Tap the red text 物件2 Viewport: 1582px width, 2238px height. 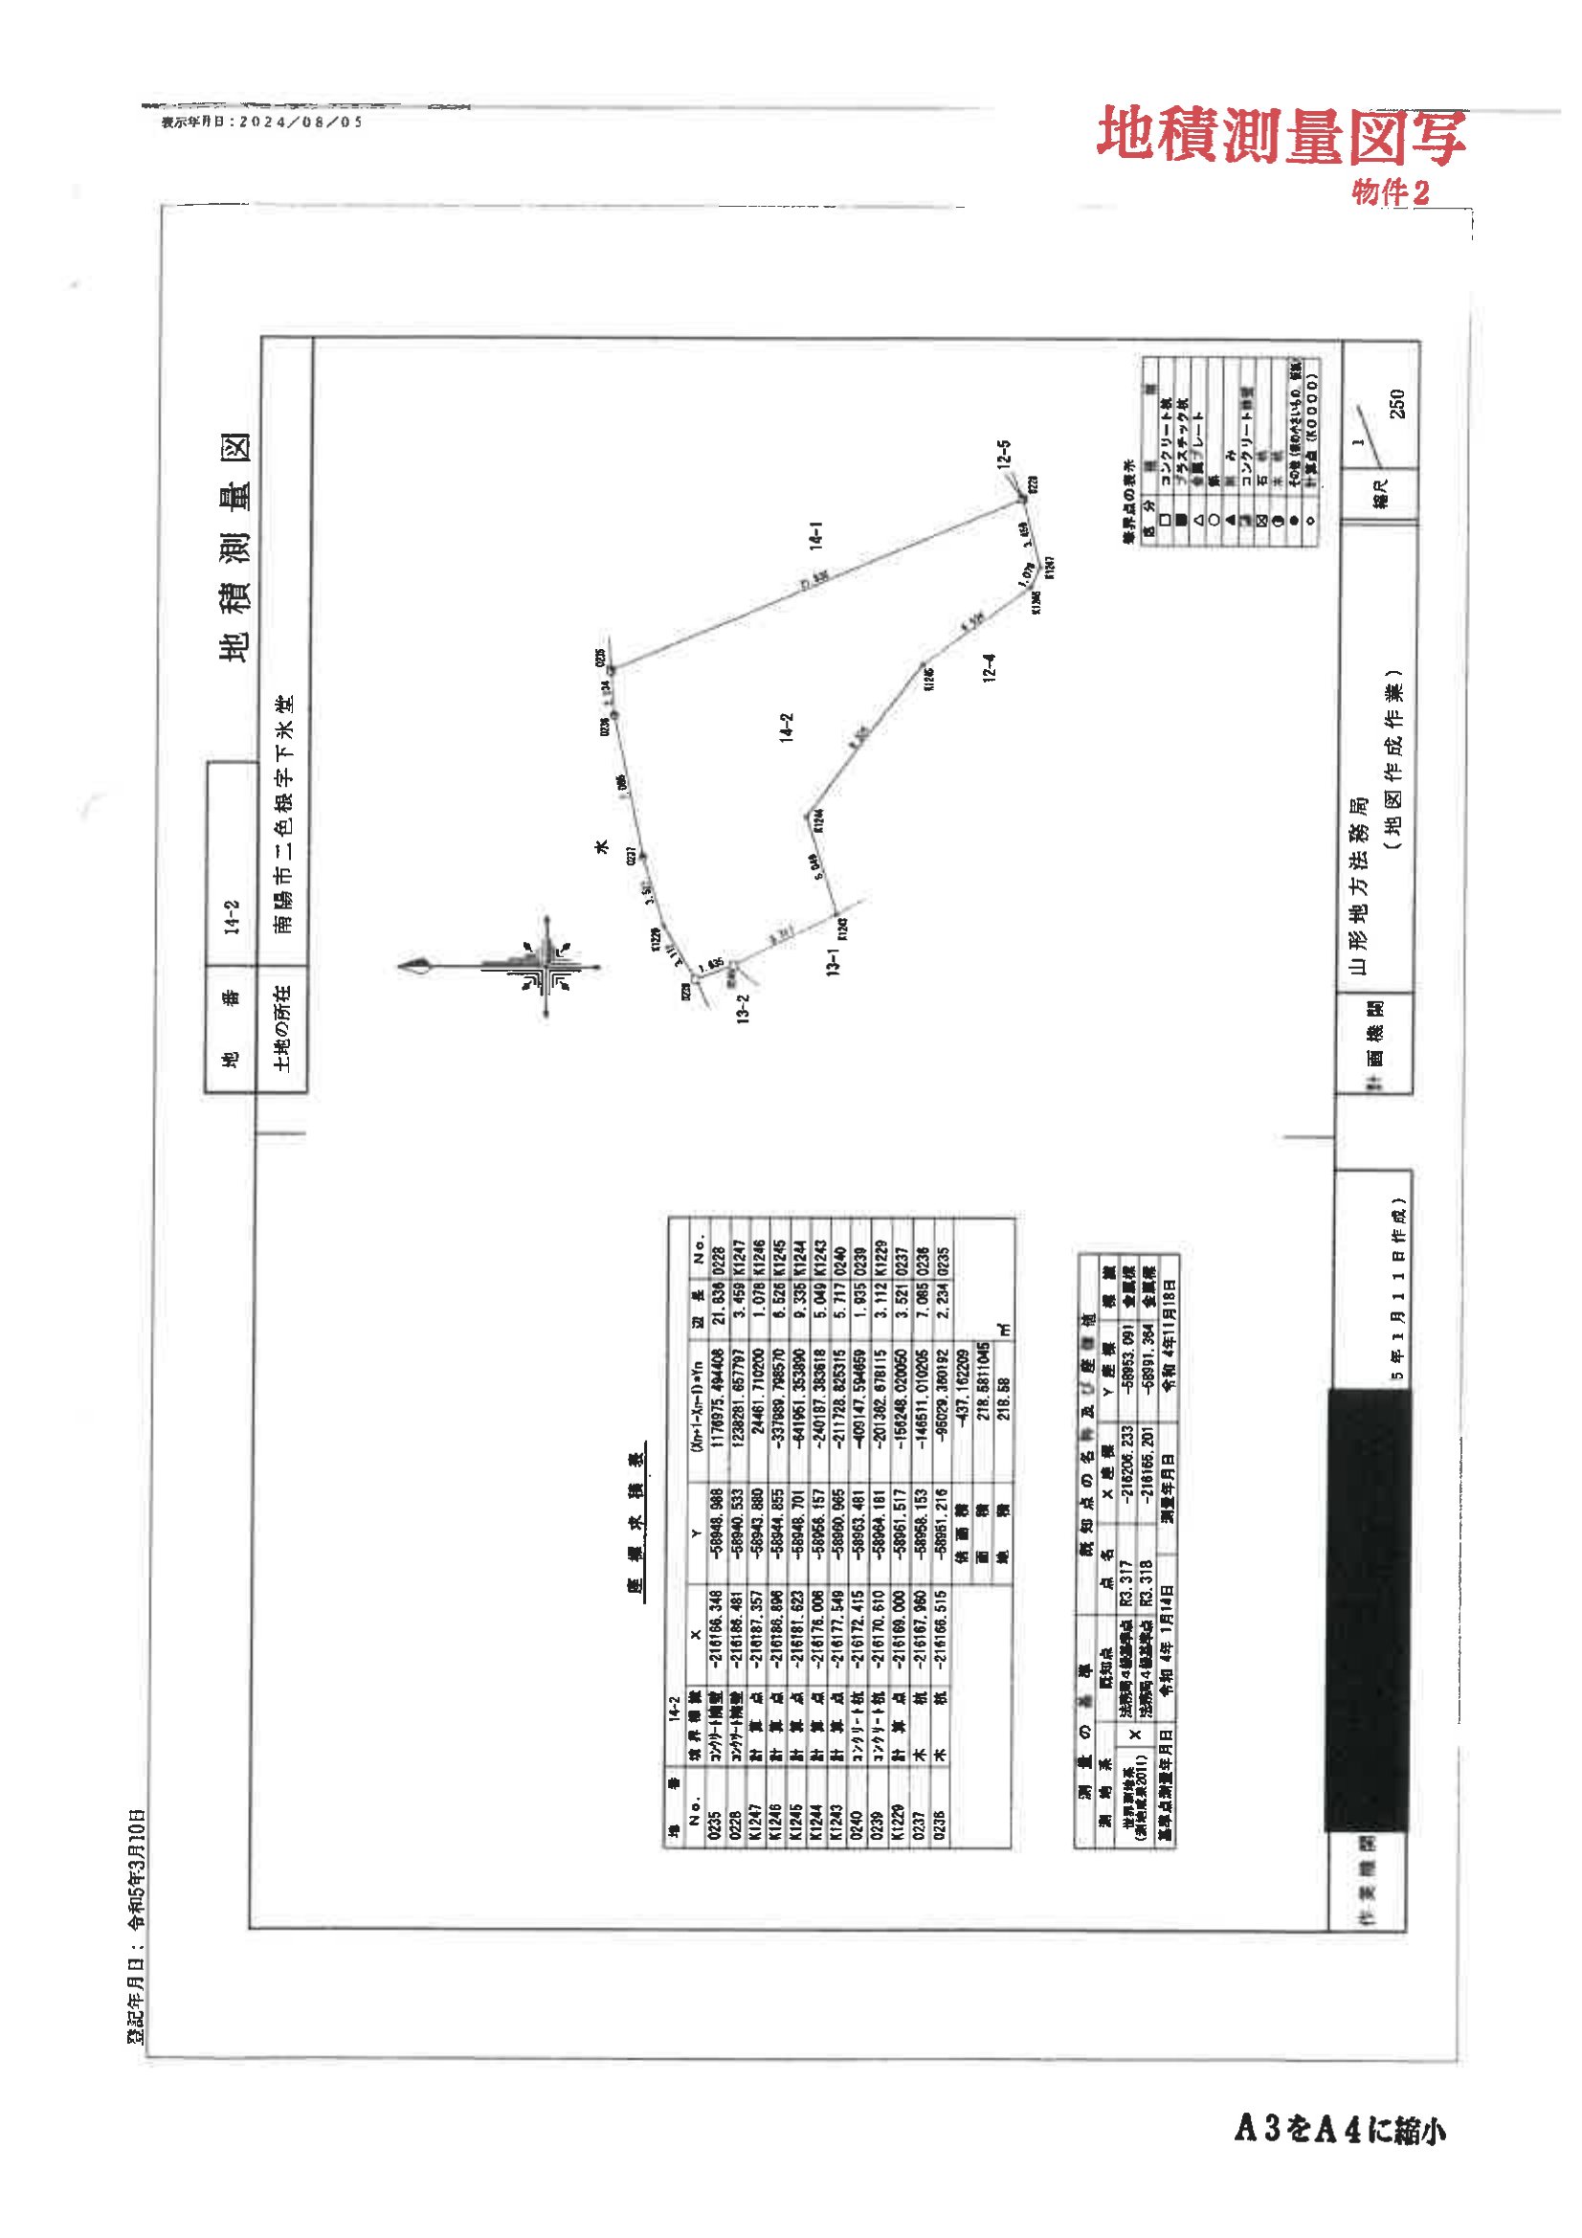[1390, 193]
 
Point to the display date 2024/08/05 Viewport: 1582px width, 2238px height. [261, 123]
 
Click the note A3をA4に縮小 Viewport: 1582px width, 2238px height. [1340, 2131]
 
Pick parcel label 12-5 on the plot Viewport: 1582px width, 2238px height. [1004, 456]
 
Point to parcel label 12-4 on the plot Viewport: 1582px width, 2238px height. [991, 667]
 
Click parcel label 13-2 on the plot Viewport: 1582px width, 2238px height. [744, 1008]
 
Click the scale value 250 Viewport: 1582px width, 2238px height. [1398, 404]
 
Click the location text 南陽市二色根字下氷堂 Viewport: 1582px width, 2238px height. [283, 814]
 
